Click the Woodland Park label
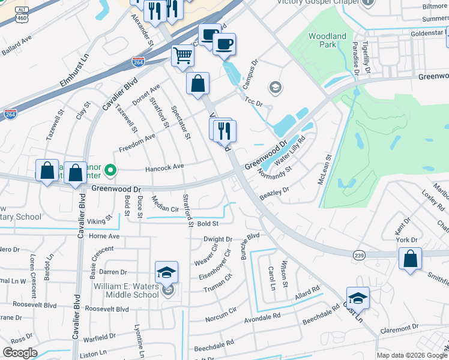[327, 40]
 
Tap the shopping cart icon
[183, 56]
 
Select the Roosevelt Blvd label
[107, 308]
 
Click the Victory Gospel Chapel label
[316, 2]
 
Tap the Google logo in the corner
[20, 353]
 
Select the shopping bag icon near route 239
[410, 259]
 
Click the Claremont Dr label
[400, 329]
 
